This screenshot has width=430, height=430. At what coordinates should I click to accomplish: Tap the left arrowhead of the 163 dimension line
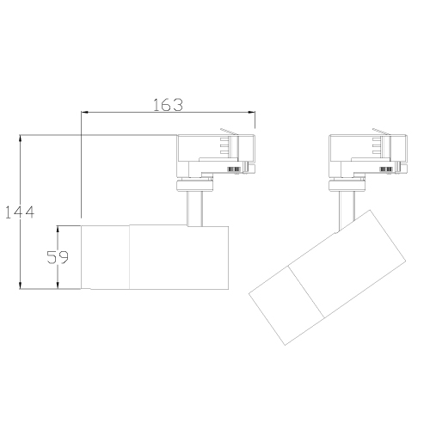83,113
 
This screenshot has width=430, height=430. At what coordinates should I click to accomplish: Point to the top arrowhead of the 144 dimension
21,138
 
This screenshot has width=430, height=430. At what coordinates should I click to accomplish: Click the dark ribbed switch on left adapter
233,170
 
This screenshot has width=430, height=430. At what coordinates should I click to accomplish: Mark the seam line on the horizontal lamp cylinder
130,256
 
